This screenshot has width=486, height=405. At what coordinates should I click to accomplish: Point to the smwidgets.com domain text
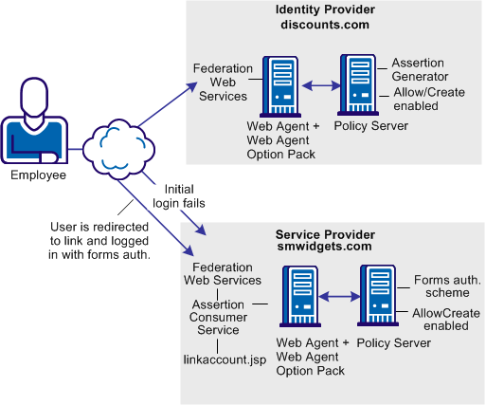click(x=326, y=248)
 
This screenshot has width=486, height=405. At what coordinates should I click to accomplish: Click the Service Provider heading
click(x=326, y=234)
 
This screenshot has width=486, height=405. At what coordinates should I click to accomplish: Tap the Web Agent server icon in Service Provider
click(x=297, y=297)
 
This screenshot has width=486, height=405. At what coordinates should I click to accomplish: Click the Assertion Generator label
click(x=421, y=70)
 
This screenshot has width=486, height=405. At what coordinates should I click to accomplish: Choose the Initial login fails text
click(x=186, y=196)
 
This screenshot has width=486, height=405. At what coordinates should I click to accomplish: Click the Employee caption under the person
click(x=39, y=175)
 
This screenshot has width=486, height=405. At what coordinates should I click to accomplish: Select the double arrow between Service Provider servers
click(x=337, y=298)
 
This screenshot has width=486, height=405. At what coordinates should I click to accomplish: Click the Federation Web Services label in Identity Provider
click(x=221, y=83)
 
